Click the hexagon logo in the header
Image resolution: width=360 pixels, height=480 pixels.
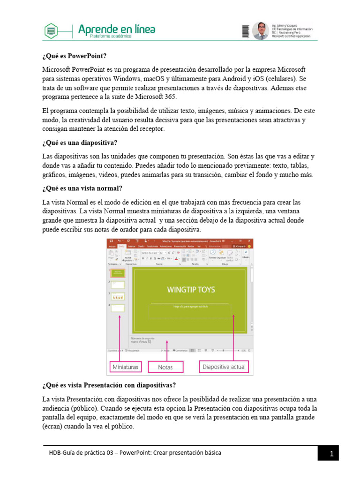click(x=52, y=31)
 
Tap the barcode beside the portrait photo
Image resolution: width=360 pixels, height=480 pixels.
click(x=246, y=31)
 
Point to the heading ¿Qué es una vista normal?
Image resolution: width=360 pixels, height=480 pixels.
click(x=82, y=188)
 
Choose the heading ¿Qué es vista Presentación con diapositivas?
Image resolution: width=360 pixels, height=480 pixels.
click(x=109, y=386)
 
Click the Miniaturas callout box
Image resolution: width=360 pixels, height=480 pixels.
click(x=126, y=367)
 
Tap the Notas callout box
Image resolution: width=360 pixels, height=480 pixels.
click(x=165, y=367)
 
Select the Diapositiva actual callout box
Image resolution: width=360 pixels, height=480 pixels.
click(x=224, y=367)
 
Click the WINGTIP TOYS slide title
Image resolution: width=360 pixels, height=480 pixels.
click(x=191, y=289)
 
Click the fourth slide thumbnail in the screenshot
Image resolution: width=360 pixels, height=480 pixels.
click(x=118, y=308)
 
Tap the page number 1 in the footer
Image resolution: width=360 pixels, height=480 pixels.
click(x=331, y=454)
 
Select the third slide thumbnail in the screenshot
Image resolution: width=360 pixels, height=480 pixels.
click(x=118, y=296)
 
